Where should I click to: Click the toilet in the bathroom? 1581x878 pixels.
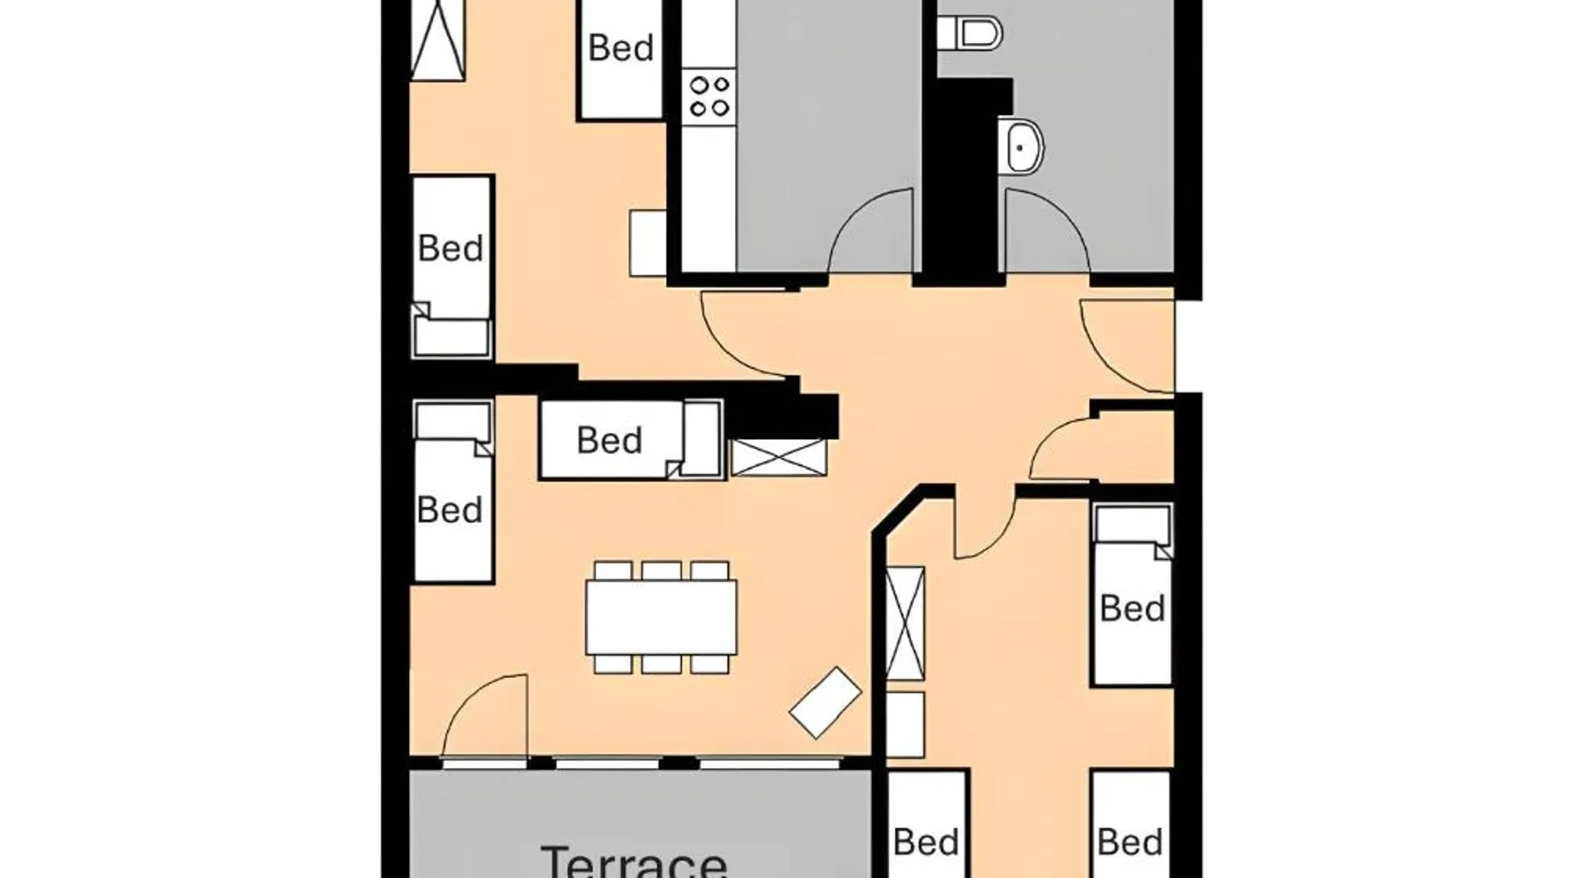969,33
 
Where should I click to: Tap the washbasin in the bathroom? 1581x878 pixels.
1022,146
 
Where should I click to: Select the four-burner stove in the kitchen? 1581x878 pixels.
710,97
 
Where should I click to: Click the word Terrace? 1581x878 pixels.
633,860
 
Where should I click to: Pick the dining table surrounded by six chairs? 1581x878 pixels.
661,617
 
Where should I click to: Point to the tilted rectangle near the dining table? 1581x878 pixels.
826,702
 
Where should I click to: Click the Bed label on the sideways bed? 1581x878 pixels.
610,440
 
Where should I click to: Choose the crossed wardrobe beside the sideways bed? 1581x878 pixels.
779,457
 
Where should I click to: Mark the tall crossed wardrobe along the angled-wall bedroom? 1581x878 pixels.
905,623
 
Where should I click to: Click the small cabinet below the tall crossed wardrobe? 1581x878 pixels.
905,725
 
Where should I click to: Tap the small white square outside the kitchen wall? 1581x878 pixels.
648,243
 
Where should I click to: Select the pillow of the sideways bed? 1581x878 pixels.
702,439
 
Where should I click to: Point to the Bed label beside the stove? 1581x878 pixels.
621,47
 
